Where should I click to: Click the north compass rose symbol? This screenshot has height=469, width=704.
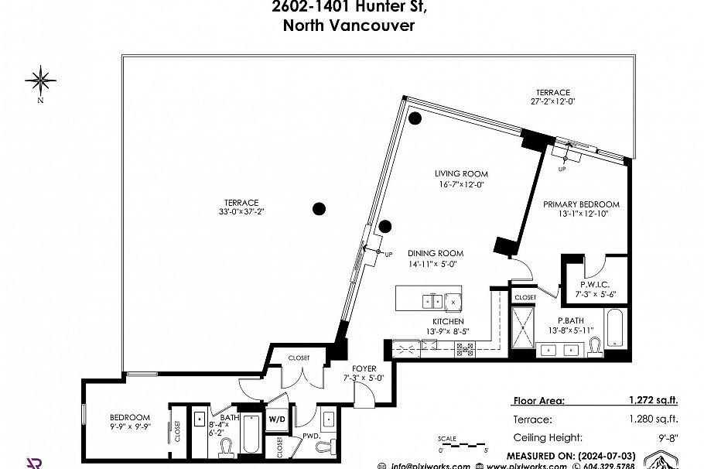click(x=39, y=80)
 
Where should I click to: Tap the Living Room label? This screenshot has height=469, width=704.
click(x=461, y=173)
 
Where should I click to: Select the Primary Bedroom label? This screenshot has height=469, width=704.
click(x=581, y=204)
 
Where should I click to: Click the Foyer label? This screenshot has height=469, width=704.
click(x=364, y=368)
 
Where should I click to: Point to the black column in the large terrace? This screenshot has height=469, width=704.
click(x=319, y=208)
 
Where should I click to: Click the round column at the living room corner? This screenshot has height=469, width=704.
click(x=415, y=118)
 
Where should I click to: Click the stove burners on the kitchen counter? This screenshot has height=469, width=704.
click(x=464, y=351)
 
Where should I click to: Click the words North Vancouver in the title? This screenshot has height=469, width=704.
click(x=350, y=26)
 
